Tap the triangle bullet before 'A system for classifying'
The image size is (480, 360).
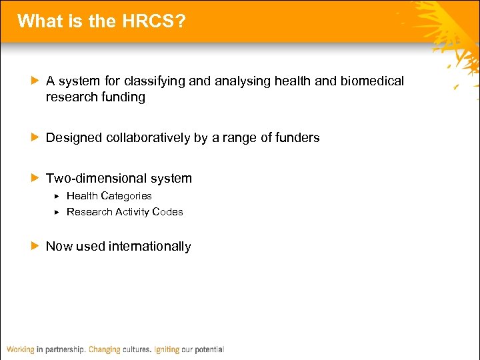35,81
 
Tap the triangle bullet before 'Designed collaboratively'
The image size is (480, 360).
35,138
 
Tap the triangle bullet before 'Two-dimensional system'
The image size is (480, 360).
35,179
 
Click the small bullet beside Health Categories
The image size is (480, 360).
57,196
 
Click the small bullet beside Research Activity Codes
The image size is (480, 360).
57,212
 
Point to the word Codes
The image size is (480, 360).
167,212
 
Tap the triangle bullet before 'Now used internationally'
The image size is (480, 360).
35,246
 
